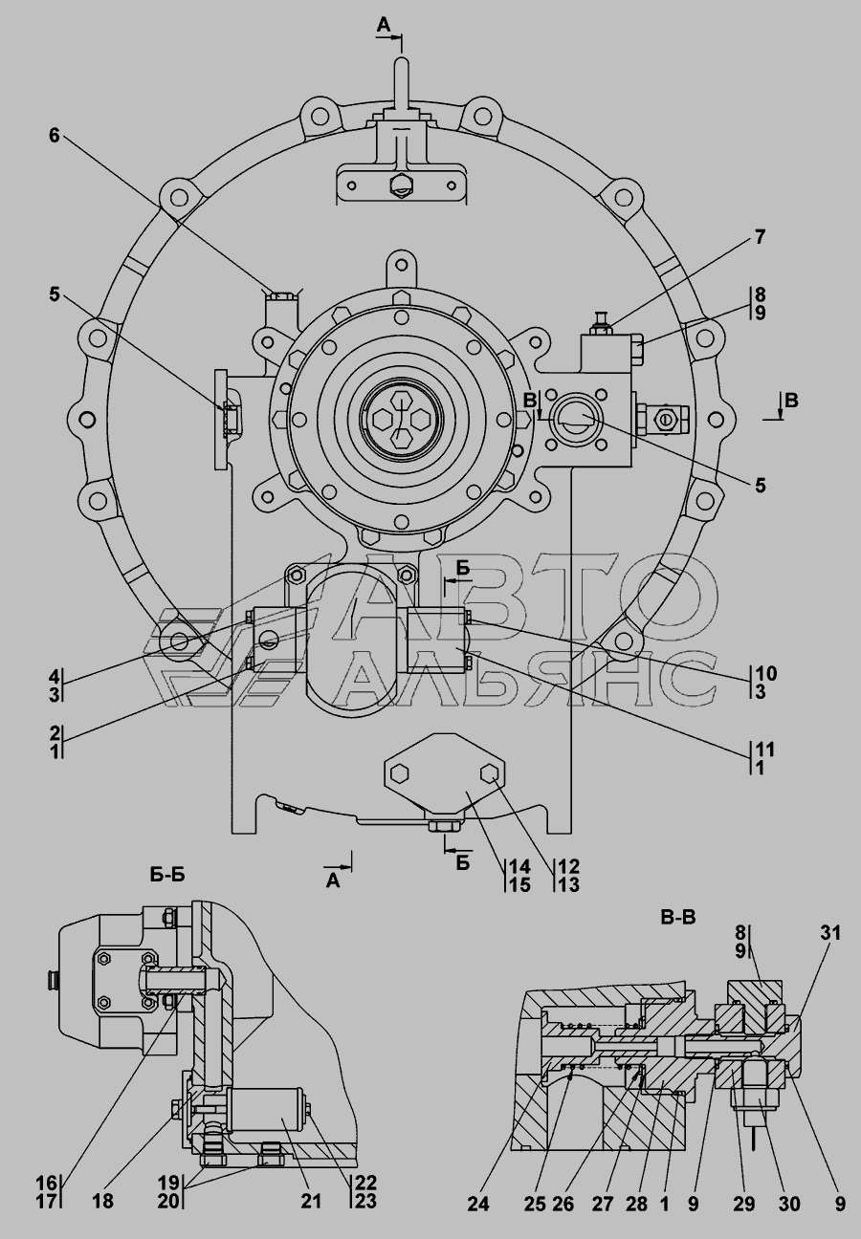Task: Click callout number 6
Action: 55,136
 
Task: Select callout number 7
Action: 760,237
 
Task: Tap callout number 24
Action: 478,1206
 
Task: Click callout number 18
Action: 102,1202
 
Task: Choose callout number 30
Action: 789,1206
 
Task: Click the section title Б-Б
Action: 168,873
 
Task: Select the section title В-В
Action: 678,917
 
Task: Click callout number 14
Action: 519,867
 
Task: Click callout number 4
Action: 55,675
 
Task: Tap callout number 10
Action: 764,673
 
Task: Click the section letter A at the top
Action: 383,27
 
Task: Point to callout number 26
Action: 563,1206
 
